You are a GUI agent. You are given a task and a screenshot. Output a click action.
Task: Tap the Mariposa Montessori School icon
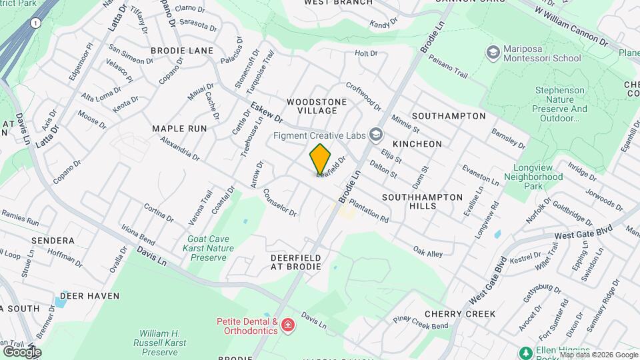pos(493,53)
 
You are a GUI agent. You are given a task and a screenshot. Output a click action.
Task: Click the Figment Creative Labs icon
pos(375,135)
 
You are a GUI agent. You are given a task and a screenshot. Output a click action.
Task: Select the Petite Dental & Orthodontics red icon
pos(287,325)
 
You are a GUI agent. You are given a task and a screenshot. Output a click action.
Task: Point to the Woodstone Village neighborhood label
pos(317,105)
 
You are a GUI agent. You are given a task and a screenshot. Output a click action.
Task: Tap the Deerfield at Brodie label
pos(296,261)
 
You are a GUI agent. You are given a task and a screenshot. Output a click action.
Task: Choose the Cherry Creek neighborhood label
pos(459,313)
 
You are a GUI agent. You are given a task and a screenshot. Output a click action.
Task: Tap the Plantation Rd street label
pos(369,211)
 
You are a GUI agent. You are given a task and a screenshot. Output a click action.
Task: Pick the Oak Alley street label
pos(427,253)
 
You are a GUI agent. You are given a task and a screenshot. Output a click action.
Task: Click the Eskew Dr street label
pos(267,112)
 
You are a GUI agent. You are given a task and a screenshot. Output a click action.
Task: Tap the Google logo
pos(22,351)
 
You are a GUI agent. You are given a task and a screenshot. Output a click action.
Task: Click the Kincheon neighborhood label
pos(417,143)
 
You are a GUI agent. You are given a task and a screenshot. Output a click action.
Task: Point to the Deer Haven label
pos(89,295)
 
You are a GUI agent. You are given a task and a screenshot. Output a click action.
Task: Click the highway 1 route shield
pos(35,23)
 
